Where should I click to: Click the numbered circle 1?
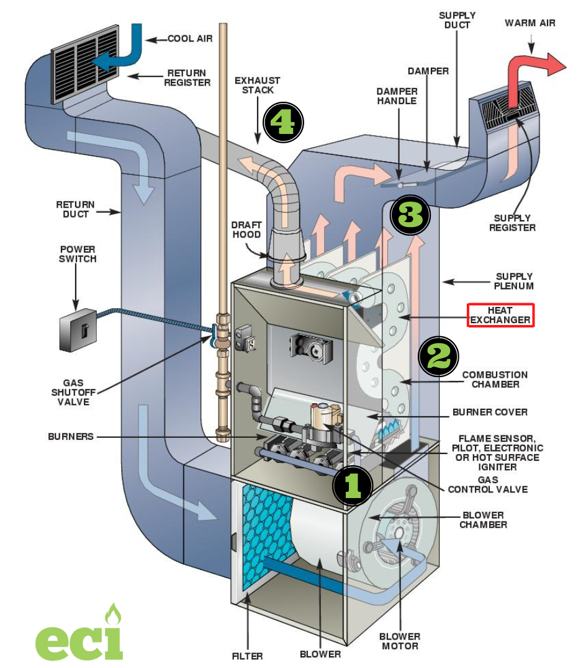pyautogui.click(x=352, y=484)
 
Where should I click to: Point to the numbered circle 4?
pyautogui.click(x=283, y=122)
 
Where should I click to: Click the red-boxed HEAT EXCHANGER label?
pyautogui.click(x=500, y=314)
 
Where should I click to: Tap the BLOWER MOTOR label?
pyautogui.click(x=400, y=641)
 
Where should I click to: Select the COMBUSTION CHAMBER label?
pyautogui.click(x=495, y=380)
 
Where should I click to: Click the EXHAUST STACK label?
pyautogui.click(x=257, y=86)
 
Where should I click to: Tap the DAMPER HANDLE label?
pyautogui.click(x=395, y=95)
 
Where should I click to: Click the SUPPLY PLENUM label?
pyautogui.click(x=514, y=281)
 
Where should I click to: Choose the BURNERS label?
pyautogui.click(x=70, y=437)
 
